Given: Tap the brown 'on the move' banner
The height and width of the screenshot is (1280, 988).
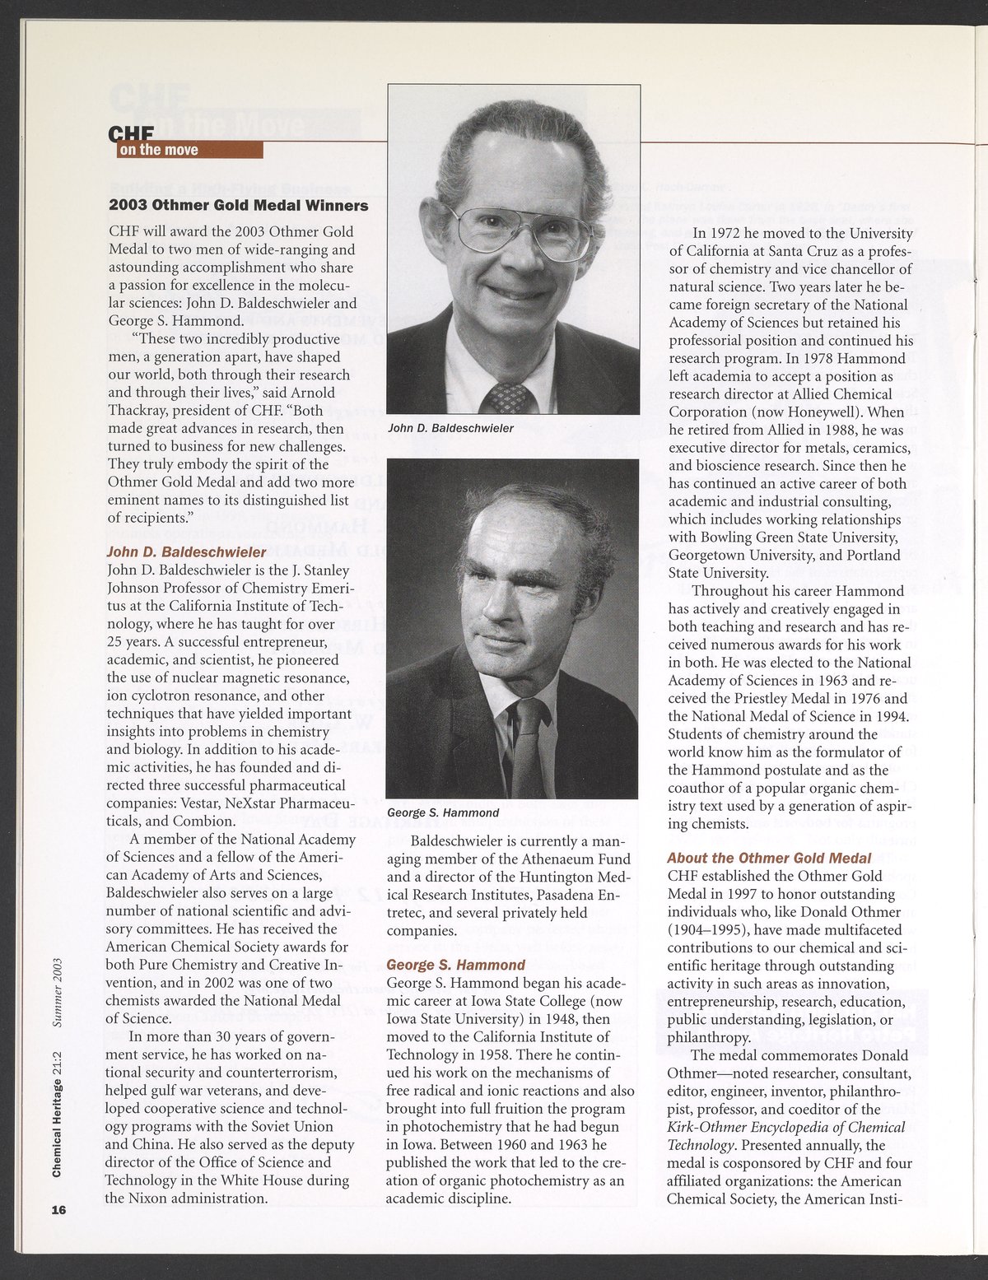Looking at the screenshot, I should (189, 150).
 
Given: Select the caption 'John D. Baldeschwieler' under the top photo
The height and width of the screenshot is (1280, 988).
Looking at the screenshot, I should (450, 428).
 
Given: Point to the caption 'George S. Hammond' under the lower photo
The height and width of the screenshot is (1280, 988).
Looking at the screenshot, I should (443, 812).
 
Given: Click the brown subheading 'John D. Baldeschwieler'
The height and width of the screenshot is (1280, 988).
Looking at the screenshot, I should (187, 552).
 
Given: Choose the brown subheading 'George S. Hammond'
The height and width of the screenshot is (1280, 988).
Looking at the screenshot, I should (455, 965).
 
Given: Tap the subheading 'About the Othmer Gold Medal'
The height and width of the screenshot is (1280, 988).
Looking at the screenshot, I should (769, 858).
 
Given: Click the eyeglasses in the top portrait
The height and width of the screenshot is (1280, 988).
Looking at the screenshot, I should (513, 229).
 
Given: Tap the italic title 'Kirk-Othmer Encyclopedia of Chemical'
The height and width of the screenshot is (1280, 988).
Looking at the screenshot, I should (785, 1127).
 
